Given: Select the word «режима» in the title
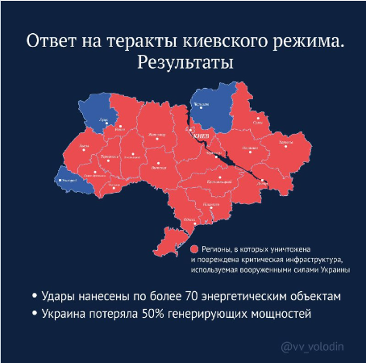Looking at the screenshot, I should [302, 40].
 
